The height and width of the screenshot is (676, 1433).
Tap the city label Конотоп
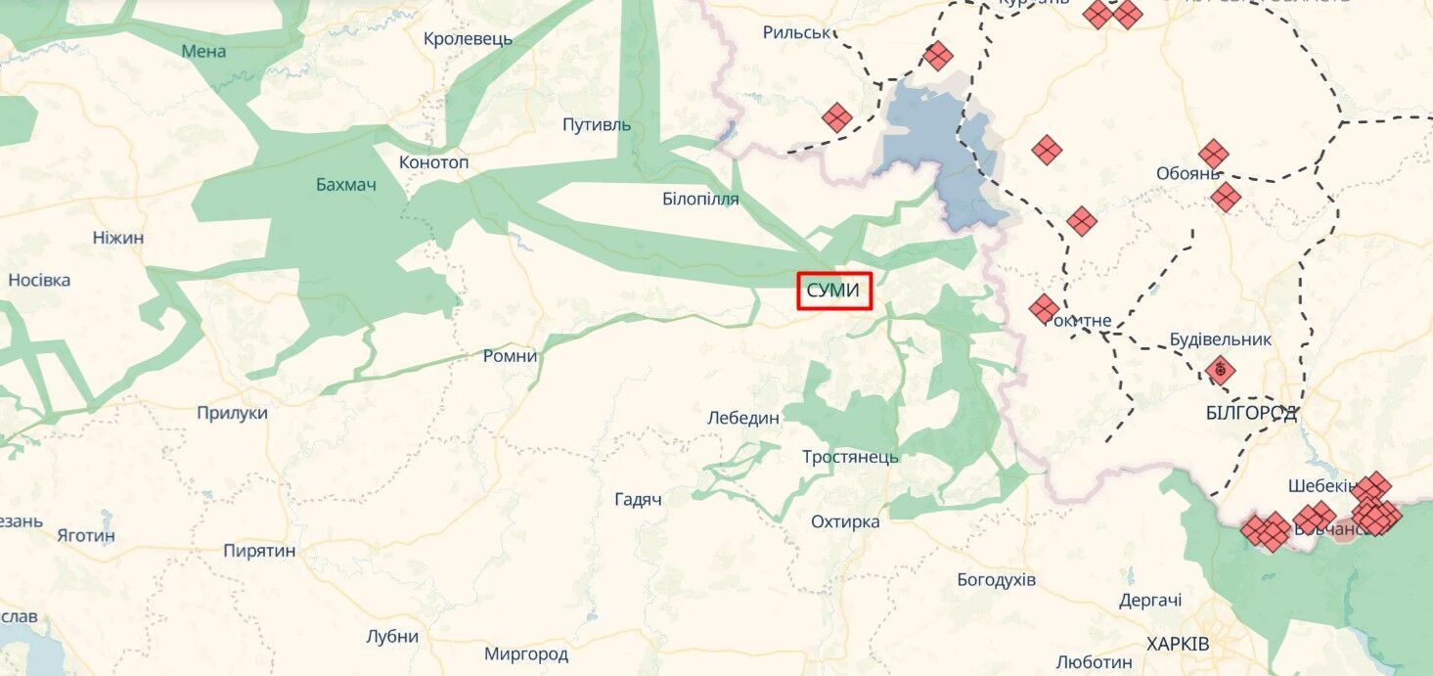tap(434, 162)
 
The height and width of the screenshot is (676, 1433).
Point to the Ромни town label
tap(511, 356)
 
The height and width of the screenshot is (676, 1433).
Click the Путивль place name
tap(597, 125)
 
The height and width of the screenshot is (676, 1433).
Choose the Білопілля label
tap(700, 200)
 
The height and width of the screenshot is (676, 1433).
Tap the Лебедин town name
tap(743, 418)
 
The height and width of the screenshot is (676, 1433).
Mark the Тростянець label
tap(850, 457)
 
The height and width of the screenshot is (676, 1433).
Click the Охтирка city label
tap(845, 521)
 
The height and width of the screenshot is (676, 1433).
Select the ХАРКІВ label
tap(1178, 645)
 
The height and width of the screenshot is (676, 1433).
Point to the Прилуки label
tap(232, 413)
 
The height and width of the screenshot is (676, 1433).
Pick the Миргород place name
tap(526, 653)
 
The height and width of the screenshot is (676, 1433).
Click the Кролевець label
tap(468, 40)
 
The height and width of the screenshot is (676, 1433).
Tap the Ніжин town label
tap(118, 238)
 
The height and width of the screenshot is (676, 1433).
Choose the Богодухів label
tap(996, 580)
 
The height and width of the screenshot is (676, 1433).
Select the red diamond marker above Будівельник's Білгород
tap(1220, 371)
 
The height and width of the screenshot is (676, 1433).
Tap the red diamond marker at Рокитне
tap(1044, 309)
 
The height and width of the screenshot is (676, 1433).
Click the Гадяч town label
tap(639, 500)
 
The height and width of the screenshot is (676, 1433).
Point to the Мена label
tap(203, 51)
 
